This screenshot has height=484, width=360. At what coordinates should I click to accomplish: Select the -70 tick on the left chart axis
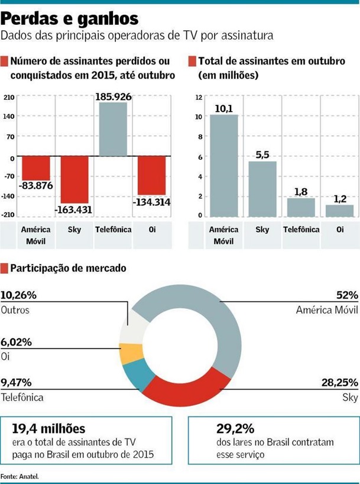pos(8,176)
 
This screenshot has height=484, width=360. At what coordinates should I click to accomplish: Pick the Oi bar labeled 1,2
pos(339,210)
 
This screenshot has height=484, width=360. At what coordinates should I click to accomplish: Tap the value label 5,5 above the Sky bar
pos(261,154)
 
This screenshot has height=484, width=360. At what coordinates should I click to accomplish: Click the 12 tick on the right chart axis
pos(199,98)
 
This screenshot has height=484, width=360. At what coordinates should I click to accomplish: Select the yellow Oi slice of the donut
pos(128,353)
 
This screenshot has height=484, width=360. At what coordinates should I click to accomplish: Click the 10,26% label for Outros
pos(20,295)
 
